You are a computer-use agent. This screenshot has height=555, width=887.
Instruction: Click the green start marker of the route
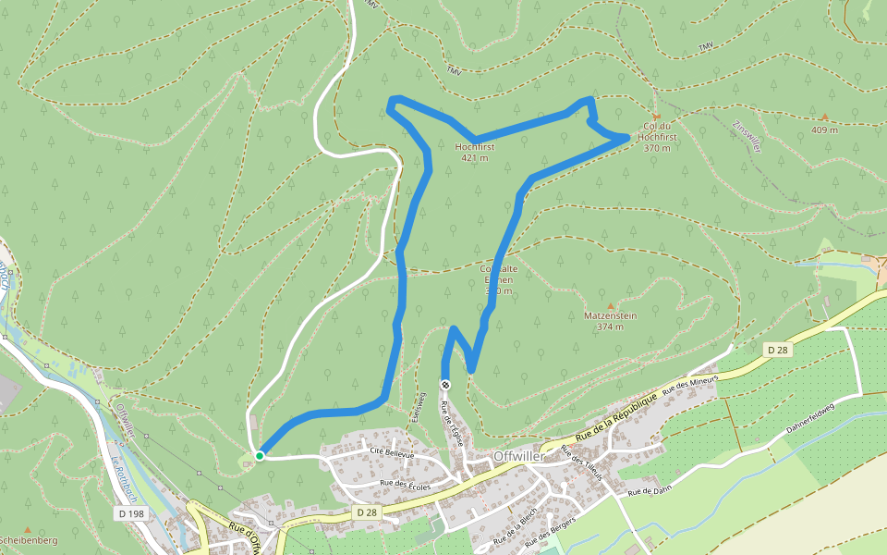point(260,455)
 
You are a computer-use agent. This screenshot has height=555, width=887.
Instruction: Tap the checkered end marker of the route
point(445,385)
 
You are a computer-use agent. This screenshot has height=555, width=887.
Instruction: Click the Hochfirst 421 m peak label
point(475,152)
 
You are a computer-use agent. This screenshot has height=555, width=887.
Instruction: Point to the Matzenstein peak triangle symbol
point(610,306)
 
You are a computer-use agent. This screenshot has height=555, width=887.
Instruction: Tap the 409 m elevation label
point(824,129)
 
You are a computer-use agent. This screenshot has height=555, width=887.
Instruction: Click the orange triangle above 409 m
point(824,117)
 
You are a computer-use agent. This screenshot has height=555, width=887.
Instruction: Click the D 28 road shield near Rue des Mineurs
point(778,349)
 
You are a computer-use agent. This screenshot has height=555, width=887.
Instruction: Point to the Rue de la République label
point(616,417)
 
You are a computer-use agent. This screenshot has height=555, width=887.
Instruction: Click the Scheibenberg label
point(28,540)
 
